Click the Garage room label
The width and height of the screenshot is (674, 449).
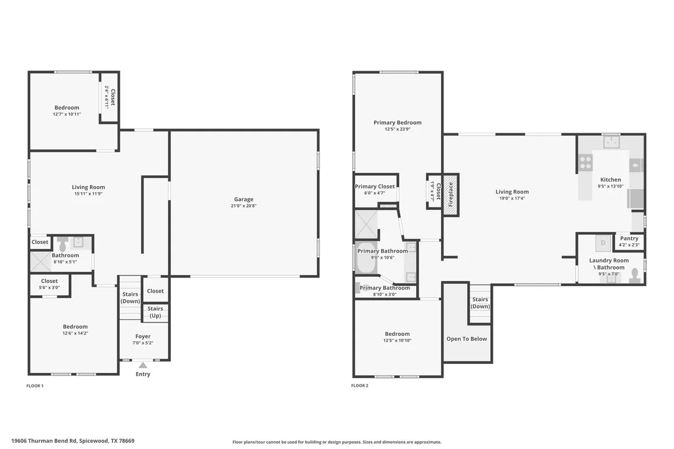click(244, 199)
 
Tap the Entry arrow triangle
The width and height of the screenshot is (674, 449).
click(143, 365)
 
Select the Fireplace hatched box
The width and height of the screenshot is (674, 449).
click(451, 195)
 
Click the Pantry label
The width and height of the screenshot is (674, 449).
click(630, 238)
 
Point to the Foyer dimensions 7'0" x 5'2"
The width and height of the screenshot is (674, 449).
click(143, 343)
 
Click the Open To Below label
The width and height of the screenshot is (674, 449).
click(467, 339)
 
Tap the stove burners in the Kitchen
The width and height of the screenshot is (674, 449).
click(585, 162)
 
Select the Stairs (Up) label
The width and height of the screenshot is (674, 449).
click(155, 312)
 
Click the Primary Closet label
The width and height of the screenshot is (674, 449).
click(374, 186)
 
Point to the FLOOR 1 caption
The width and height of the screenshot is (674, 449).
click(35, 386)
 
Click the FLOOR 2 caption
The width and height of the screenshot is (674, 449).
click(360, 385)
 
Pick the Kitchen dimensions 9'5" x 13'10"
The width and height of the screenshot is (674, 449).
click(610, 186)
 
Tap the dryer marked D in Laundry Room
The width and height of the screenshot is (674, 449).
click(603, 243)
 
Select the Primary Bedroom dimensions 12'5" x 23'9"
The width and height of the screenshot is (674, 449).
click(398, 129)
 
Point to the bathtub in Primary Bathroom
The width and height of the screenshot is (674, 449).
click(366, 259)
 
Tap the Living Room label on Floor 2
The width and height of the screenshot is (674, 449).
click(512, 192)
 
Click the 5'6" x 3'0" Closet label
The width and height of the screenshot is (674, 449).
click(49, 284)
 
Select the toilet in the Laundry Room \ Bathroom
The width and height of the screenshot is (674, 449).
click(635, 275)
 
